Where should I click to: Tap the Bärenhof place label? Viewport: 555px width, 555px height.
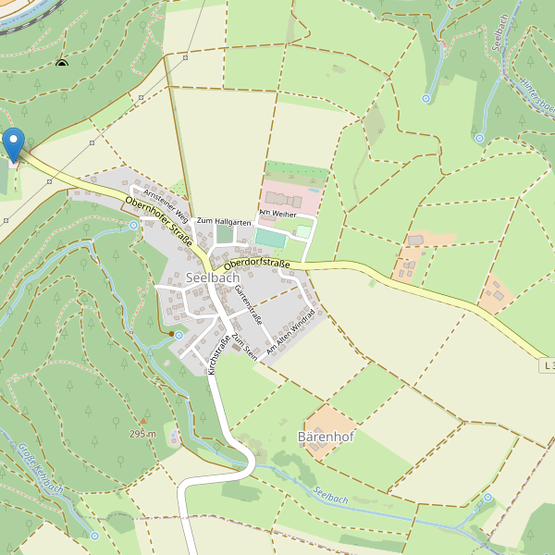point(326,435)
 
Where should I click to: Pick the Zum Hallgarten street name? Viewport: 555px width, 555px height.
point(225,221)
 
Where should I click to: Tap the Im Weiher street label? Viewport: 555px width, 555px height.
point(277,214)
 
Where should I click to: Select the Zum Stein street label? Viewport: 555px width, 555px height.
point(243,347)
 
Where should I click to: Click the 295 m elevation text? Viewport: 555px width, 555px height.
point(142,433)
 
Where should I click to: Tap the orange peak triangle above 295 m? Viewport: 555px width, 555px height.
point(142,420)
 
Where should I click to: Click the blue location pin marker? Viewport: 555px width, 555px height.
point(13,144)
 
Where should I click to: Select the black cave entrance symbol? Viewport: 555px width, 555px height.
point(62,65)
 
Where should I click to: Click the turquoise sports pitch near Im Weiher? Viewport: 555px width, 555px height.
point(270,238)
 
